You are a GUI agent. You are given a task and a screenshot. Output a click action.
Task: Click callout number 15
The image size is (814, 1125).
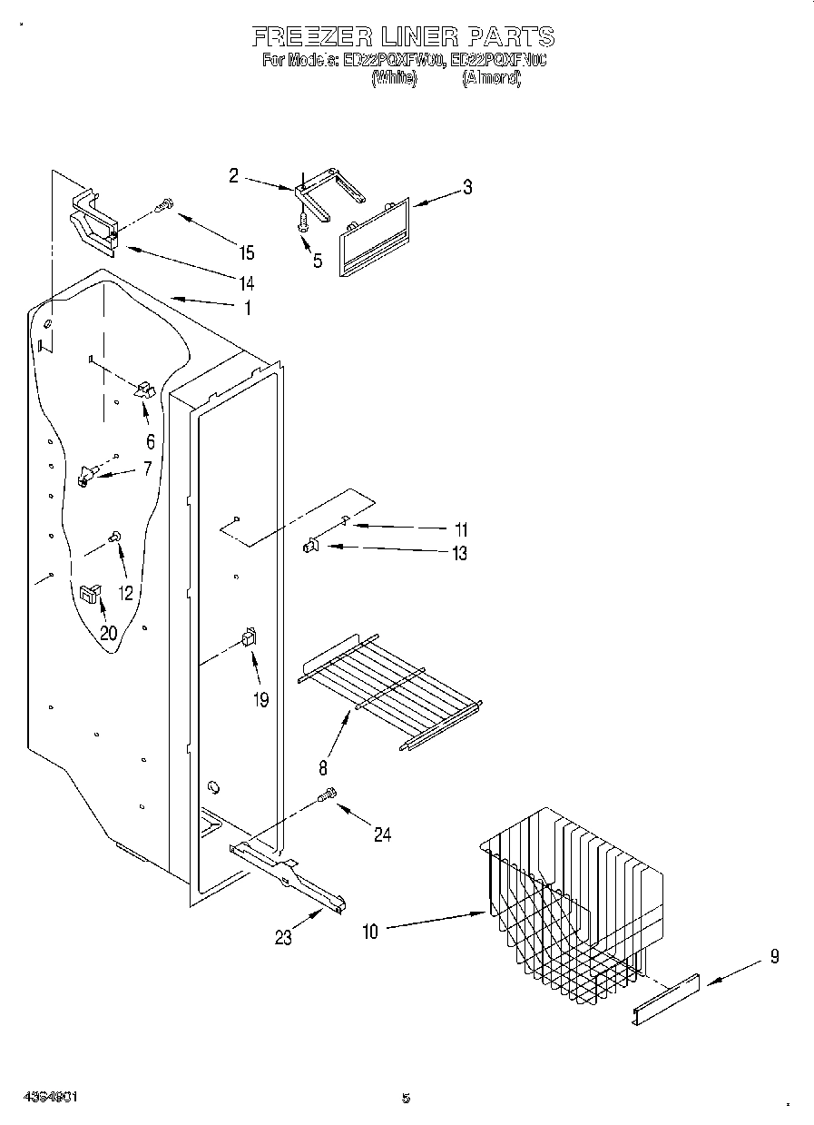tap(246, 253)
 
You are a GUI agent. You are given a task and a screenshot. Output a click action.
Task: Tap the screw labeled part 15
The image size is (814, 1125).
tap(163, 206)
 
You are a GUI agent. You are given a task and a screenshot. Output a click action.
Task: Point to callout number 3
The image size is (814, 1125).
tap(466, 188)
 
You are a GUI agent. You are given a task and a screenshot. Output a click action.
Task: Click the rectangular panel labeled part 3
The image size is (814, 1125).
tap(373, 238)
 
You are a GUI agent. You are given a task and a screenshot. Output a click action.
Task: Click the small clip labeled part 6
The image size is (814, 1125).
tap(145, 390)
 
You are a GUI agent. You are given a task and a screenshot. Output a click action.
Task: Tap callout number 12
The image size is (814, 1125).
tap(125, 593)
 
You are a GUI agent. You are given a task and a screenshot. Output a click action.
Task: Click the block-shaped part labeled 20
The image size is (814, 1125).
tap(90, 594)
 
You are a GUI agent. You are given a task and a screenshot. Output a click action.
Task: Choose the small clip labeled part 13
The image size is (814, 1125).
tap(310, 546)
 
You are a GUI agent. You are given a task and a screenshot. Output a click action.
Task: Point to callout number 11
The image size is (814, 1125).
tap(460, 528)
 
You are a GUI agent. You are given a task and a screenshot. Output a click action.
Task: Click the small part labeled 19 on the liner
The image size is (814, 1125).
tap(247, 638)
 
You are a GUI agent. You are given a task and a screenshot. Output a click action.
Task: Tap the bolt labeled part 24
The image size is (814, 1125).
tap(328, 796)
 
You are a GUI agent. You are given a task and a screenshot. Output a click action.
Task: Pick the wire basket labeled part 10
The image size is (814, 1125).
tap(567, 908)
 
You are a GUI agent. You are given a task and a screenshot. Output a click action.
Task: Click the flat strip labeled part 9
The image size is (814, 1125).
tap(665, 1000)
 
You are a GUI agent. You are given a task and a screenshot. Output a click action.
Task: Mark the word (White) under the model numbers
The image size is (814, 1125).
tap(393, 79)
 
